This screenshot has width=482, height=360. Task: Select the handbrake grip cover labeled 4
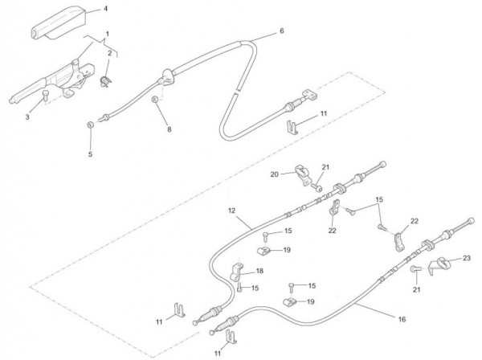(x=57, y=25)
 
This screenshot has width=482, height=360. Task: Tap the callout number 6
(x=282, y=31)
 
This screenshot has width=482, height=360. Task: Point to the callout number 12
(x=231, y=211)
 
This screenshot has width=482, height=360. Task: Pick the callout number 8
(x=169, y=129)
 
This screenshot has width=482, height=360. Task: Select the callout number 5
(x=90, y=153)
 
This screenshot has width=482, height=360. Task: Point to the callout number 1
(x=108, y=34)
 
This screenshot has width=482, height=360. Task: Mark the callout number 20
(x=274, y=174)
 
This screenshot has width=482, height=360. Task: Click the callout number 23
(x=468, y=259)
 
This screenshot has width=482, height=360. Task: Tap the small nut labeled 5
(x=90, y=125)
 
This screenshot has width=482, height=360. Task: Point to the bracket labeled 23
(x=440, y=266)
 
